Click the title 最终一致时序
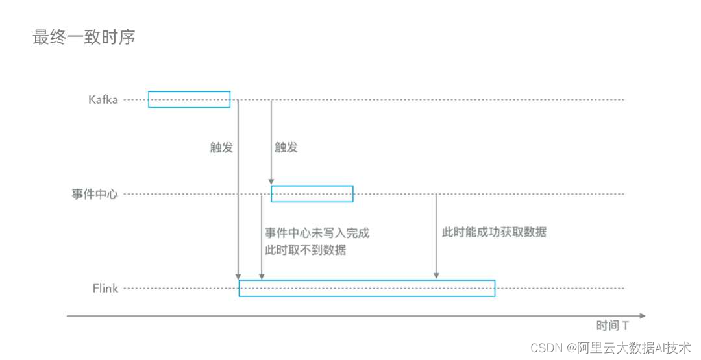coord(84,37)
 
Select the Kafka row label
coord(103,100)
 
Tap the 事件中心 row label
coord(95,194)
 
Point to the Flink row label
coord(105,288)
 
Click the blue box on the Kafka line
coord(189,99)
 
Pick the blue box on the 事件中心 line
coord(312,193)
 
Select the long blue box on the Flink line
coord(367,288)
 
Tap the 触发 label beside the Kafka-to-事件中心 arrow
coord(286,147)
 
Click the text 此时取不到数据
coord(305,250)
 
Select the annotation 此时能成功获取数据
coord(494,232)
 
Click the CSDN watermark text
coord(610,348)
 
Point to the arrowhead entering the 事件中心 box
coord(271,182)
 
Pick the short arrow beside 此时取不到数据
coord(261,237)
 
